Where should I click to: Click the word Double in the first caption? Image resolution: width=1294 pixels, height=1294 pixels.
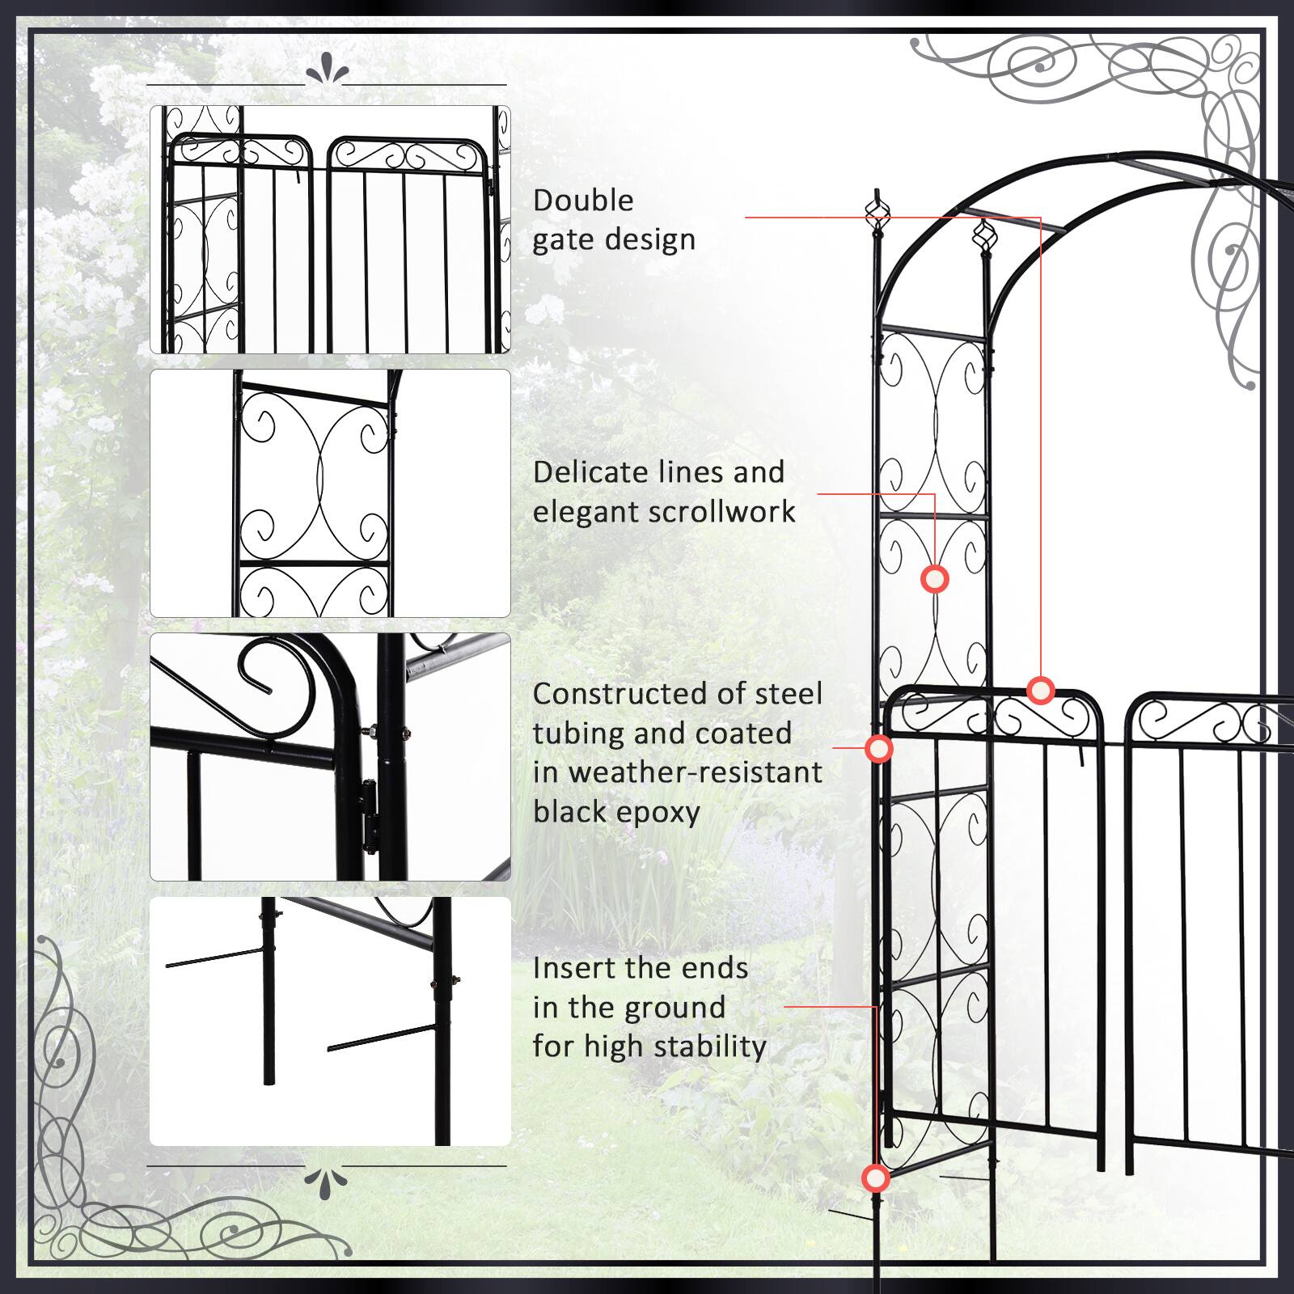click(x=583, y=201)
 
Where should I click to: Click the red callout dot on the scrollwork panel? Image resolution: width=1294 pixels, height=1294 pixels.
click(x=935, y=580)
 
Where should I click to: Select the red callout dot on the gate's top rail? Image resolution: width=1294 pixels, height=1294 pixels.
click(x=1041, y=690)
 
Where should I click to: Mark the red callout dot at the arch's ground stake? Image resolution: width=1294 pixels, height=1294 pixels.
click(x=876, y=1178)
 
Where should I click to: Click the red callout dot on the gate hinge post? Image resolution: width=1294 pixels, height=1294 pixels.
click(x=879, y=749)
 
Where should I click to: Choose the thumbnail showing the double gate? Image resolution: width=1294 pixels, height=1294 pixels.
click(x=330, y=230)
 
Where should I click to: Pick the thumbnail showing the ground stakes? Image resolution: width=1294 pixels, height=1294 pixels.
click(x=330, y=1021)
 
